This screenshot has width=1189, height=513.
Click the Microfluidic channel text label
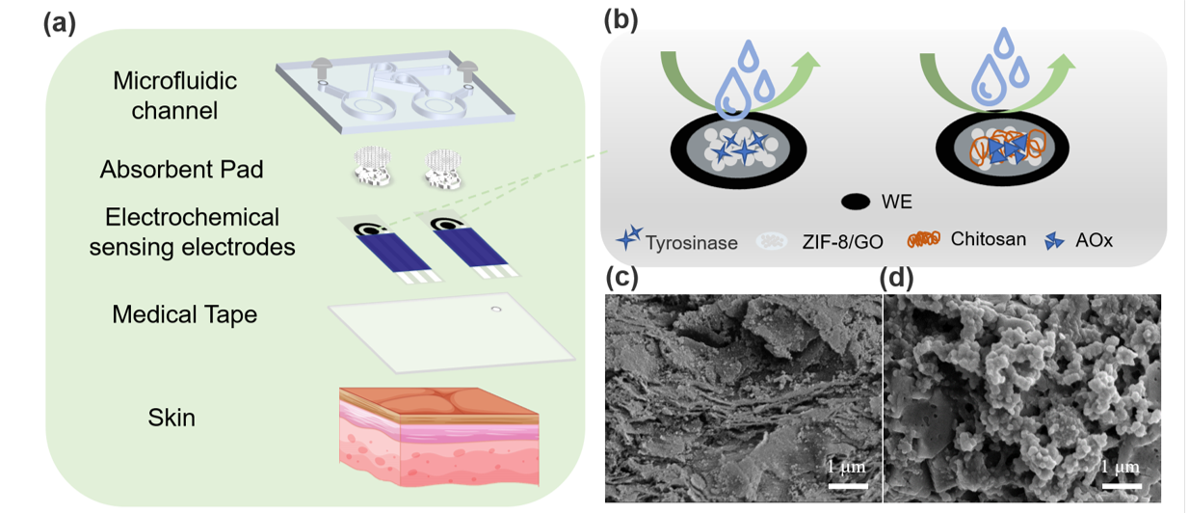tap(174, 94)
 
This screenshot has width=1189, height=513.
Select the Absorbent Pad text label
tap(182, 170)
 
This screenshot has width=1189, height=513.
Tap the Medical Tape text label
tap(184, 314)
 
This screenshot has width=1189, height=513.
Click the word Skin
tap(172, 418)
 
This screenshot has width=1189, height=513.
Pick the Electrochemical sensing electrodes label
tap(192, 231)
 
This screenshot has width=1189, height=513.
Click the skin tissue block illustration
tap(437, 434)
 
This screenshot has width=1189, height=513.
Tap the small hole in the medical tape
tap(495, 310)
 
